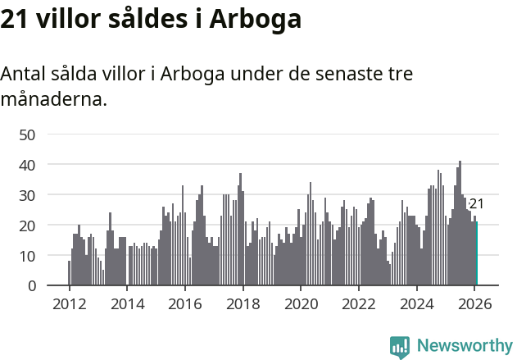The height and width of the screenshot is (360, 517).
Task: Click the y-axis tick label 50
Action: pos(27,134)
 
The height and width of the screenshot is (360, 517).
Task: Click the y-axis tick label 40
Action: pos(27,165)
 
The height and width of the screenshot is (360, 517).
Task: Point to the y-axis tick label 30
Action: pos(27,195)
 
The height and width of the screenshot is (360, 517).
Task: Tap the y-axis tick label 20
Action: pos(27,226)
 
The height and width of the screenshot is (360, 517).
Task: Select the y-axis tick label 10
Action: pos(27,256)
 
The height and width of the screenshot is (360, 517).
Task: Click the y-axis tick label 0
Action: pos(31,286)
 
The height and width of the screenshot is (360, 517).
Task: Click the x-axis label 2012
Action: pos(69,303)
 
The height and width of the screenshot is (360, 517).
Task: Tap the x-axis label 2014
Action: pos(127,303)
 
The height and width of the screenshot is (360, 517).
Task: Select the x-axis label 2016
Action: pos(184,303)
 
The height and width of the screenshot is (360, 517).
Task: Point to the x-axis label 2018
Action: pos(243,303)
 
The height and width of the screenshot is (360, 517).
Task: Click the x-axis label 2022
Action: pos(358,303)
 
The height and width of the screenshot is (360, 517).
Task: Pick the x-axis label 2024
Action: pos(416,303)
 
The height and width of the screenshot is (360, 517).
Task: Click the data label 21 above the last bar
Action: pos(476,204)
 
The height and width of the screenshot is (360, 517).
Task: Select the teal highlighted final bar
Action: pos(476,254)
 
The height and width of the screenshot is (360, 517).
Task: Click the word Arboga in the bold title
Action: pos(256,19)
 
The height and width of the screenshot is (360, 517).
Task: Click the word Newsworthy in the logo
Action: pos(464,346)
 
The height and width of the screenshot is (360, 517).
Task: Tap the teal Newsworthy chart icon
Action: pos(400,347)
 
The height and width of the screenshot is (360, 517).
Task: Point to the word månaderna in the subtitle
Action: pos(53,100)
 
